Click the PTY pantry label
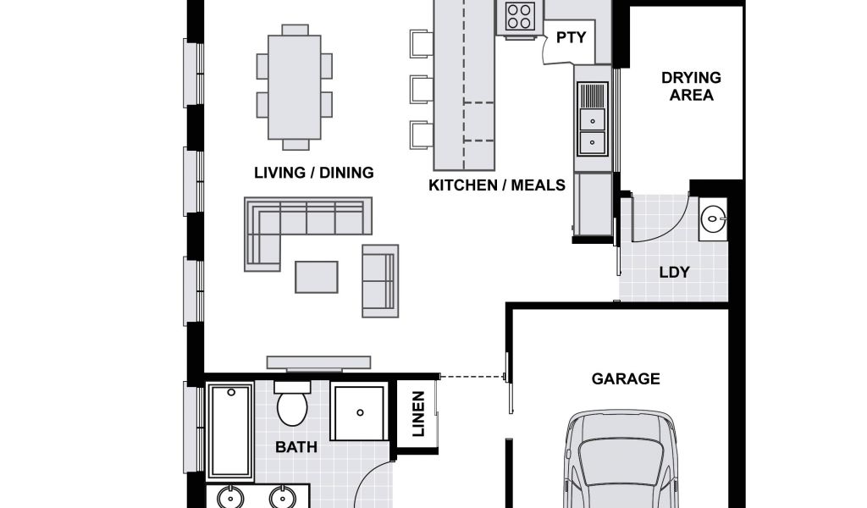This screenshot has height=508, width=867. [x=571, y=37]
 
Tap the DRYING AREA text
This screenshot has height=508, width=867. [x=691, y=86]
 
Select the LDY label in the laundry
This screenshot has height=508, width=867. [x=675, y=272]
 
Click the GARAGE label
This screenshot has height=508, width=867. [x=626, y=378]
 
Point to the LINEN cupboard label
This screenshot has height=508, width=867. [x=418, y=414]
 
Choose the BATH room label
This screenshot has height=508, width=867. [x=296, y=447]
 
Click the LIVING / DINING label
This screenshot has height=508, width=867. [x=313, y=173]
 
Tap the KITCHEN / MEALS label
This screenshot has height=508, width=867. [x=496, y=185]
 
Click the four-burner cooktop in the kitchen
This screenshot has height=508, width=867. [x=521, y=16]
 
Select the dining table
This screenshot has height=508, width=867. [x=294, y=87]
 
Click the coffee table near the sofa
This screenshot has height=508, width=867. [x=317, y=277]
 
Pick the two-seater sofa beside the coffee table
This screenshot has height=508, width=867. [x=380, y=281]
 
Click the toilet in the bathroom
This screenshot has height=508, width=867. [x=292, y=404]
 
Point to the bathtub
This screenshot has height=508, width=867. [x=230, y=431]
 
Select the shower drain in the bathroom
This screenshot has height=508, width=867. [x=360, y=412]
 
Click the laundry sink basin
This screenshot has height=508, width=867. [x=713, y=219]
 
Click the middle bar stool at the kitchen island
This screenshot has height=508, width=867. [x=421, y=90]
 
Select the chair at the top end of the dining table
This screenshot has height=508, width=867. [x=295, y=30]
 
